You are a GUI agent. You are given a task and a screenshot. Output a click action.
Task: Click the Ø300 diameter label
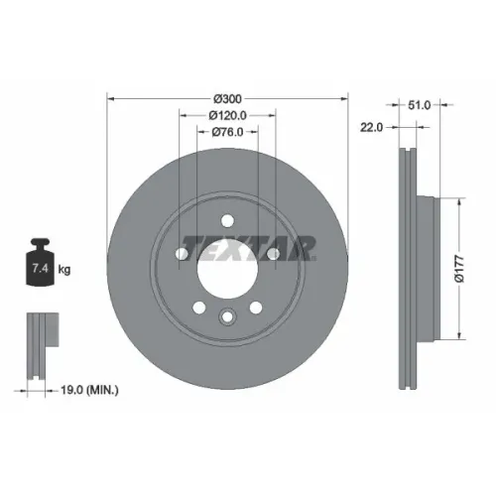click(227, 98)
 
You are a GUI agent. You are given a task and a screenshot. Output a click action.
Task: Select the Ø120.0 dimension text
click(227, 115)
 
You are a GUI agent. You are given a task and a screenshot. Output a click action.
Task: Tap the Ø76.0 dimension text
click(227, 132)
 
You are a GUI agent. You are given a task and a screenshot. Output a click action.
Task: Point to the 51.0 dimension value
click(419, 105)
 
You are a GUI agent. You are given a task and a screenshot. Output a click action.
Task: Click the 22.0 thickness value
click(371, 127)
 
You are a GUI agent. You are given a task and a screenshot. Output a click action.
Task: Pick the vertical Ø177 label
click(459, 269)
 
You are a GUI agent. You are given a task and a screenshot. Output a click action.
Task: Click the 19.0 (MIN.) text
click(89, 390)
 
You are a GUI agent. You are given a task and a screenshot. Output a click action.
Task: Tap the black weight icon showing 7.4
click(40, 262)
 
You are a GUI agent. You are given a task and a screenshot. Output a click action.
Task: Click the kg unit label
click(64, 270)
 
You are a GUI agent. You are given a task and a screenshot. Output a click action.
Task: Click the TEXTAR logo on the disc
click(249, 247)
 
